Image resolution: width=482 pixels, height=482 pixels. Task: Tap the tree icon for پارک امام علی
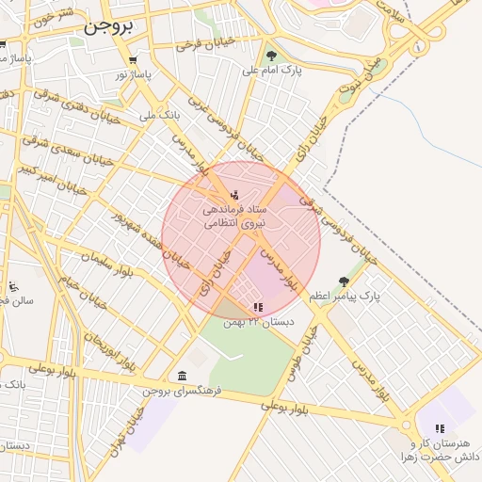(272, 56)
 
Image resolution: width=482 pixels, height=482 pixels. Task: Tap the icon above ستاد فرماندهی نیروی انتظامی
(234, 195)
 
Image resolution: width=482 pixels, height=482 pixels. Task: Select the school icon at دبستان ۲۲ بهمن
(258, 307)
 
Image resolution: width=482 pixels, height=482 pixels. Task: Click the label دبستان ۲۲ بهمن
(258, 322)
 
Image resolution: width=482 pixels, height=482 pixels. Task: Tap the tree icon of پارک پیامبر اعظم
(344, 281)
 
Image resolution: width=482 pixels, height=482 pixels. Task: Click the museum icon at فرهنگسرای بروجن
(182, 376)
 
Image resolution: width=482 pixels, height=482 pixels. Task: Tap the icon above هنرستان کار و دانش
(440, 428)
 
